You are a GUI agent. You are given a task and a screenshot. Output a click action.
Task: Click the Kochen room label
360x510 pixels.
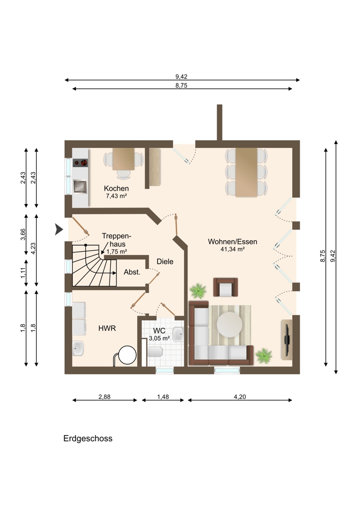coord(116,188)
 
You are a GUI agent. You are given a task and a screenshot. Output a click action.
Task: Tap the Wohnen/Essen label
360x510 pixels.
coord(233,242)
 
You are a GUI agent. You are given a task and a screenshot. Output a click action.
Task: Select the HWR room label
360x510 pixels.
coord(107,328)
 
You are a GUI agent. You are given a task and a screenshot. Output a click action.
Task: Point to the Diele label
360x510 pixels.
coord(165,262)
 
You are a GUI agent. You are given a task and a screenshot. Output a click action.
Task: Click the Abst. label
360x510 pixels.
coord(132,272)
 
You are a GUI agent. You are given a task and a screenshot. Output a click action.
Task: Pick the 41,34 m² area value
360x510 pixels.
coord(233,249)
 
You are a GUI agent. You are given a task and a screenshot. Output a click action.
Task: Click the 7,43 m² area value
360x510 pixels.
coord(116,196)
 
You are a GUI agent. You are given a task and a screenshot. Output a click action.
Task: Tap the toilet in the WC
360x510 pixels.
coord(155,352)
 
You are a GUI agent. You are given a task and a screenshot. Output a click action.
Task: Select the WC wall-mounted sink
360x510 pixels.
coord(178,334)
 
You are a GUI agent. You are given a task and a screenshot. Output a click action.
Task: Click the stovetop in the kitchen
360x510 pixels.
coord(81,163)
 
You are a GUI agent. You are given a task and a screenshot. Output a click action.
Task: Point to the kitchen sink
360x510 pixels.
coord(80,186)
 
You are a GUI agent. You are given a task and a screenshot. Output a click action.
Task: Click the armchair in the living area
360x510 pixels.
coord(225,287)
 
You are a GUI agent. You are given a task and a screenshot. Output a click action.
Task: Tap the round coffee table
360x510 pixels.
coord(229,324)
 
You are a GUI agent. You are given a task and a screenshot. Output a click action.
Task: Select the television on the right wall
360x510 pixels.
coord(287,340)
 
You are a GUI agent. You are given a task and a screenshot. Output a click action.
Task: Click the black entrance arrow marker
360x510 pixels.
coord(59,229)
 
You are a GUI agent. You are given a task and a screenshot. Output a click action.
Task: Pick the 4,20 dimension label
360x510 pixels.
coord(240,397)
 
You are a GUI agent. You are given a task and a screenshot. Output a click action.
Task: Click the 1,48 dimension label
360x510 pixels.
coord(163,397)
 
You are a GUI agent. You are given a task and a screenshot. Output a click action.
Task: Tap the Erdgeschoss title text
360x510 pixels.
coord(88,439)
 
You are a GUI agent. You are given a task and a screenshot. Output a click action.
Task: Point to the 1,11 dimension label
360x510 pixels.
coord(23,272)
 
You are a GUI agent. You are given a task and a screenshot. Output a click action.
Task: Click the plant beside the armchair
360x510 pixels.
coord(198,291)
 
